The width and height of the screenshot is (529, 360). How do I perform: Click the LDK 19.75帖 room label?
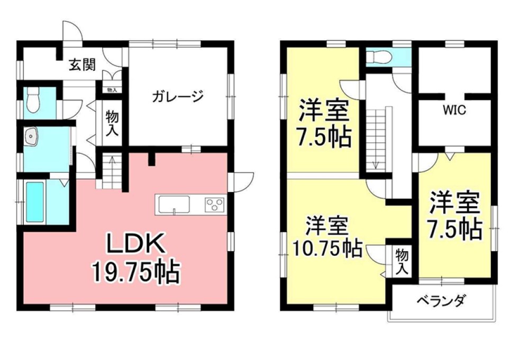click(136, 258)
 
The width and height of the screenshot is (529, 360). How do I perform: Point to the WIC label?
click(454, 111)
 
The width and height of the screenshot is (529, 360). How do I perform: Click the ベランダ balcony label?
click(441, 302)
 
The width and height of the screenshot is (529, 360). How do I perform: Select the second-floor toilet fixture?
click(378, 57)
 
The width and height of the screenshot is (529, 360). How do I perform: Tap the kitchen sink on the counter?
click(173, 204)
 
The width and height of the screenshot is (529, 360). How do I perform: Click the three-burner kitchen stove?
click(215, 204)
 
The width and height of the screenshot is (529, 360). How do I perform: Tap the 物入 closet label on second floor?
click(402, 261)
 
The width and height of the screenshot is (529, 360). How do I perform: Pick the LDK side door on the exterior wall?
click(241, 181)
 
